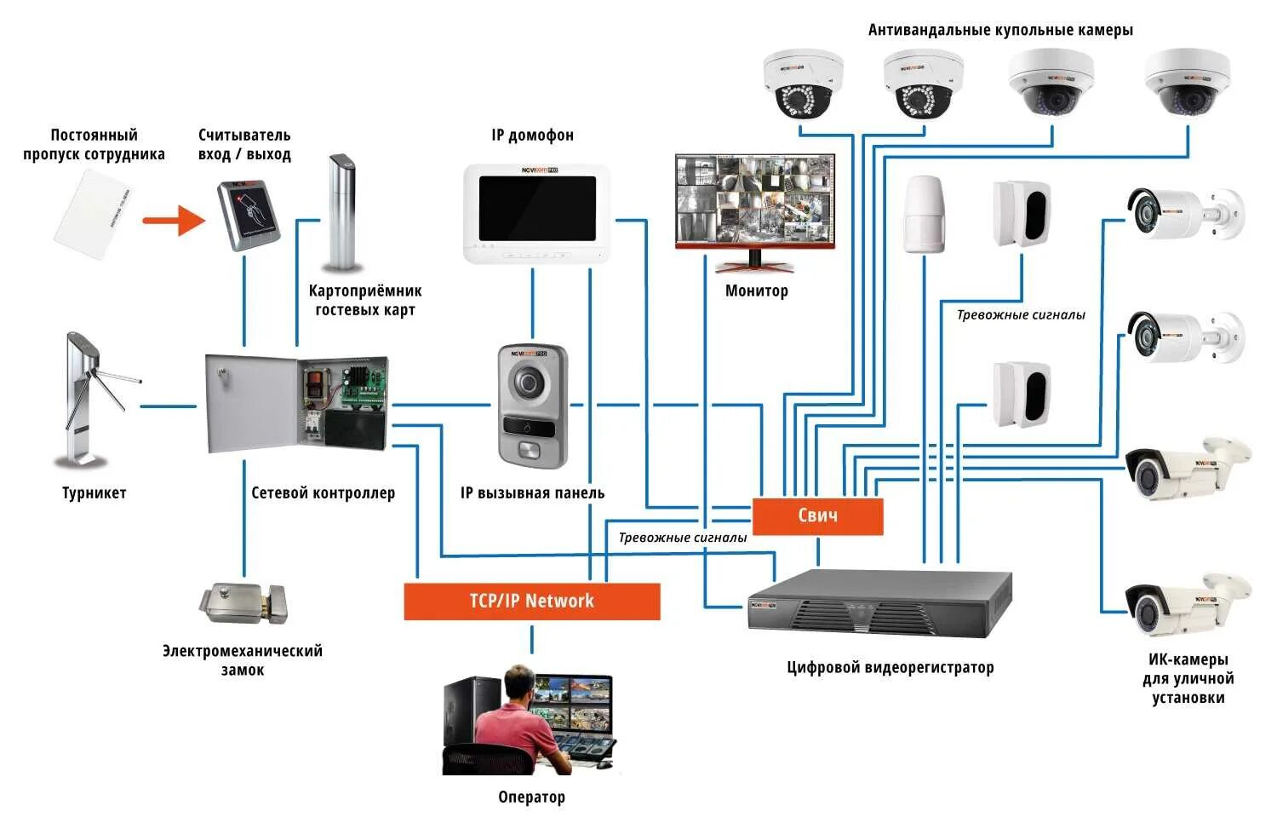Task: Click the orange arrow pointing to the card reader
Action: [174, 220]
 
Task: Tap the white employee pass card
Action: [93, 215]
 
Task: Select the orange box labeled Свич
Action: [817, 516]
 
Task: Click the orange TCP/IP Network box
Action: [532, 602]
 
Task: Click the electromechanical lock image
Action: [243, 603]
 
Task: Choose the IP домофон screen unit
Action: [536, 213]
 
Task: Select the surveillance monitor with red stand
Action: [755, 211]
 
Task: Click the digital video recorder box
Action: [879, 603]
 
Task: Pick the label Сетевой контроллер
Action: [323, 493]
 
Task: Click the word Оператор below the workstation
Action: [532, 797]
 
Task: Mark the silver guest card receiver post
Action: [342, 212]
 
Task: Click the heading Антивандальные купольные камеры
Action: [1000, 30]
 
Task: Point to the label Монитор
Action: [757, 291]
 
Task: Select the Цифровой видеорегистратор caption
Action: [890, 667]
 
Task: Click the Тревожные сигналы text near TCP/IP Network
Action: [683, 538]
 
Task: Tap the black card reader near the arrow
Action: [249, 216]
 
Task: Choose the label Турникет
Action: [94, 493]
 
